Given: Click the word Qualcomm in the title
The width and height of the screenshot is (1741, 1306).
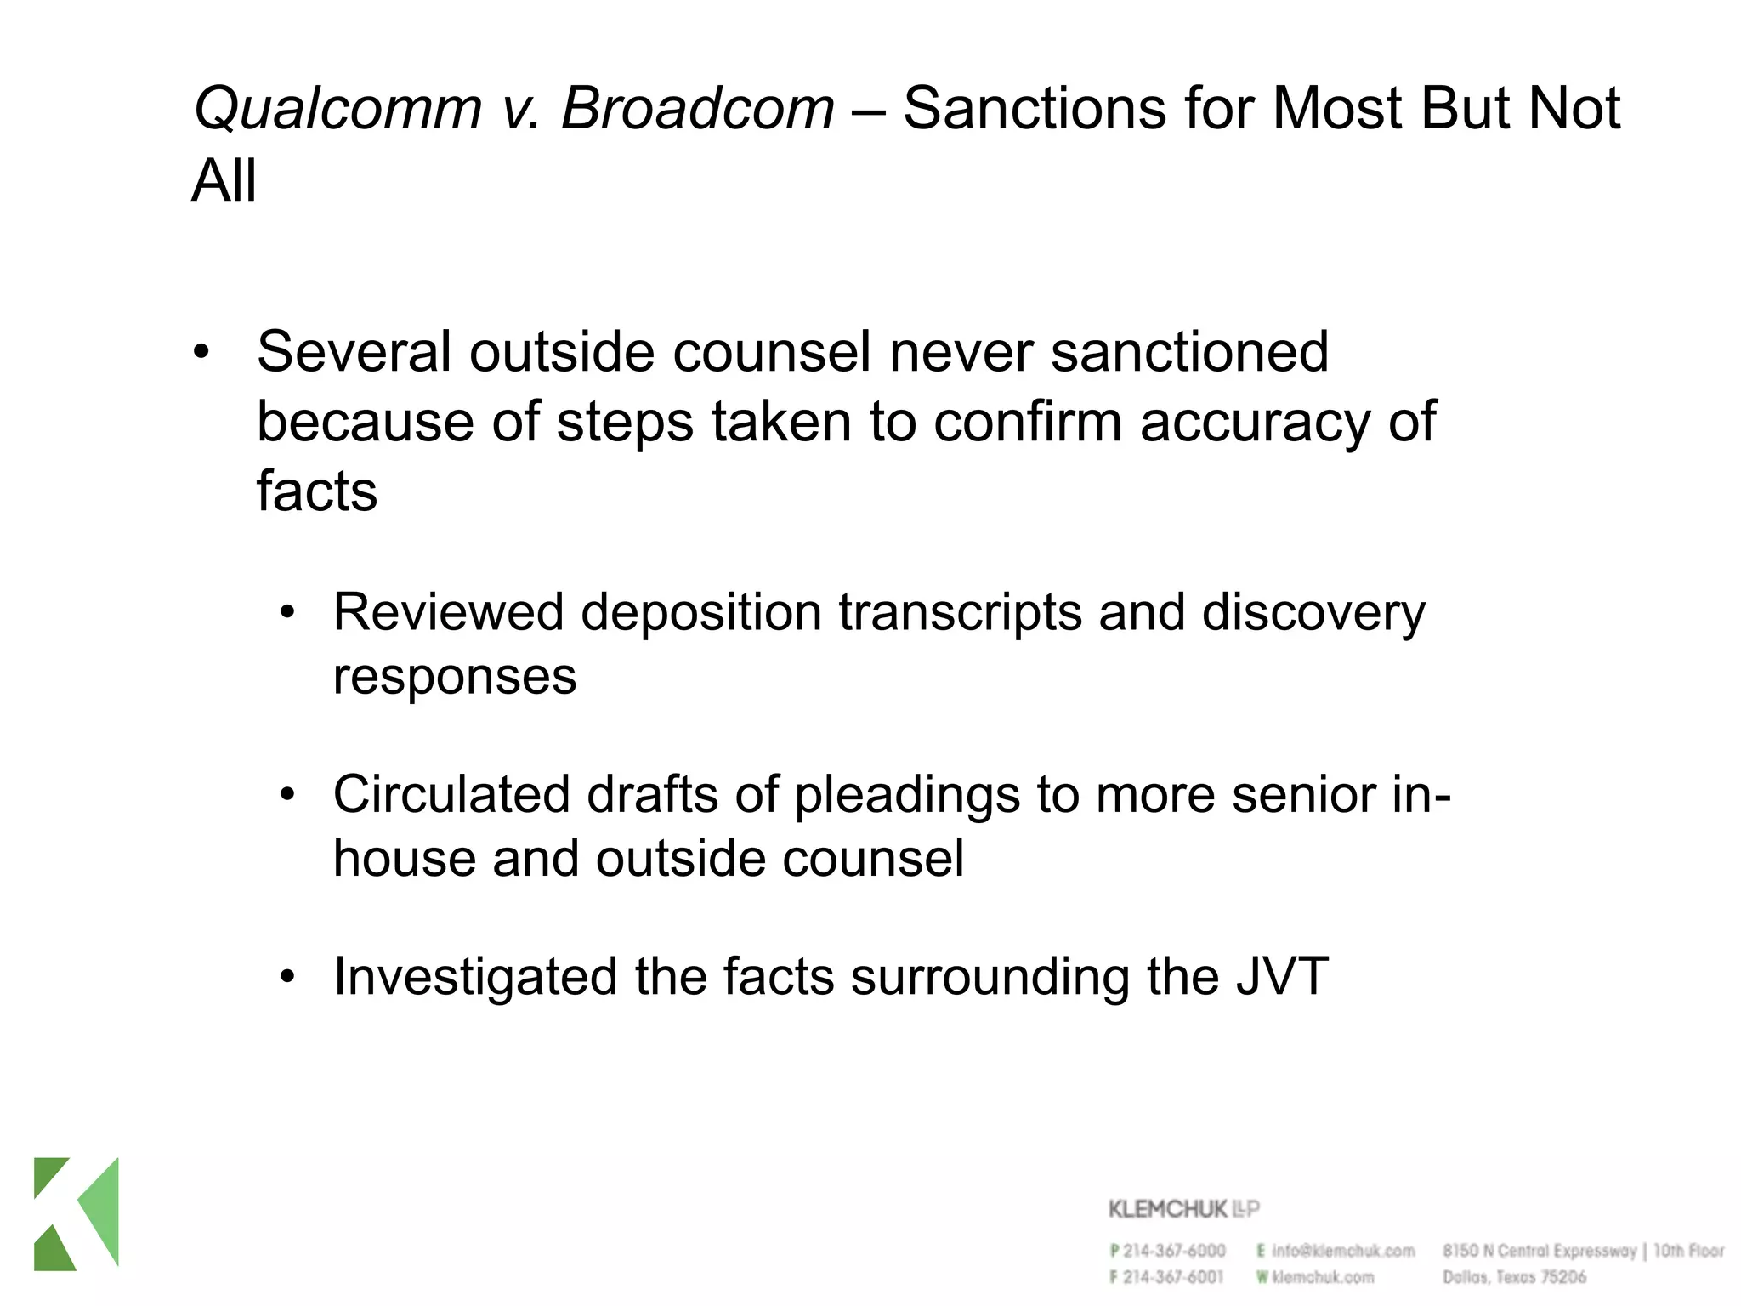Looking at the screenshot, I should pos(337,109).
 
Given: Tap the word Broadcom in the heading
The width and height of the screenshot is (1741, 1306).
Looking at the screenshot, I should pos(697,109).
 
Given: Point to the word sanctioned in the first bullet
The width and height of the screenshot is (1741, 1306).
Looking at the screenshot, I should pos(1189,352).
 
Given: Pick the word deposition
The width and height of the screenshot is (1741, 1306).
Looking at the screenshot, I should pos(700,613).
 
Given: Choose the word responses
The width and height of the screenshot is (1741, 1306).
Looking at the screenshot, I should pos(455,677).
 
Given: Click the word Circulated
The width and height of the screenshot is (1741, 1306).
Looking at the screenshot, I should pos(451,795).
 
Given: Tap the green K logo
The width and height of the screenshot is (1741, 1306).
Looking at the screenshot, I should pos(77,1213).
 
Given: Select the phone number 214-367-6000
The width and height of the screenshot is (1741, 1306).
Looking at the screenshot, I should pos(1174,1251).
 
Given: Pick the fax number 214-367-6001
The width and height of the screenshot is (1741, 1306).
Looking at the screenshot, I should pos(1173,1277).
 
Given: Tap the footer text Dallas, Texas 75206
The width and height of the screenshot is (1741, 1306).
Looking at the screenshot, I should pos(1514,1277).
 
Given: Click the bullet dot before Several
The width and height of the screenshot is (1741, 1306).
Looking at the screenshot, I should pos(201,352).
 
